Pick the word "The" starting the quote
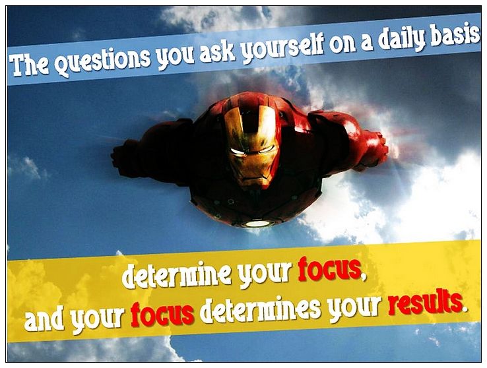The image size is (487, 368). (x=29, y=65)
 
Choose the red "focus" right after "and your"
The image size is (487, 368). (x=162, y=313)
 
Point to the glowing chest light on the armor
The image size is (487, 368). (x=257, y=223)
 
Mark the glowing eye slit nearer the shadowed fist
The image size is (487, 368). (x=238, y=152)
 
